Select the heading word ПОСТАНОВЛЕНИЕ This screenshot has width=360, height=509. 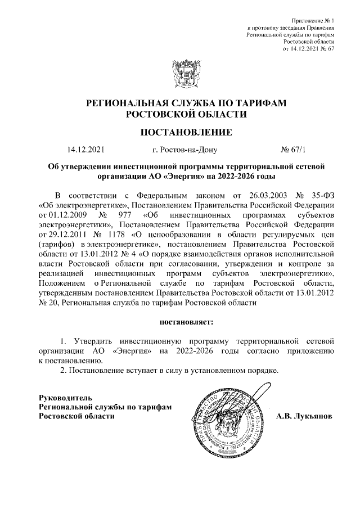click(x=179, y=133)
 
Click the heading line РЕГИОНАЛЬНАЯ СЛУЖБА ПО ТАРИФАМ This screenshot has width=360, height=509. click(x=179, y=103)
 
